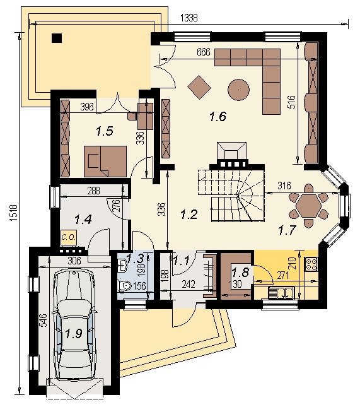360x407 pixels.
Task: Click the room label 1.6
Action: click(x=218, y=117)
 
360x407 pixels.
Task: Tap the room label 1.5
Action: click(x=105, y=131)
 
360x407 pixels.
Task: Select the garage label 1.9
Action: click(x=73, y=333)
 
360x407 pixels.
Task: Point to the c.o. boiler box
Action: click(x=69, y=237)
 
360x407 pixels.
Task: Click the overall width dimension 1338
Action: click(x=189, y=18)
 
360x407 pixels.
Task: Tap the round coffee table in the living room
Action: click(x=238, y=90)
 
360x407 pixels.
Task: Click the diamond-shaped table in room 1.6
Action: click(x=199, y=87)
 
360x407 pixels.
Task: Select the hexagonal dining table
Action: click(x=309, y=206)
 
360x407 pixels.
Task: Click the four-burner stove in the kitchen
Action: click(x=311, y=264)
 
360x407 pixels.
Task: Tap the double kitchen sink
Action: click(x=281, y=293)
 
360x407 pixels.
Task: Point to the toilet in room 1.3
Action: click(x=124, y=286)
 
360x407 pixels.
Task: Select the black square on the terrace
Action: click(x=57, y=38)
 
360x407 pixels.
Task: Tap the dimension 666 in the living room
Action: click(x=204, y=52)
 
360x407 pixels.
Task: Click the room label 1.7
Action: click(x=287, y=230)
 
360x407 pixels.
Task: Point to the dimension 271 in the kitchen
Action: click(x=282, y=275)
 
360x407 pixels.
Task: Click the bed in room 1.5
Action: click(x=105, y=162)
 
